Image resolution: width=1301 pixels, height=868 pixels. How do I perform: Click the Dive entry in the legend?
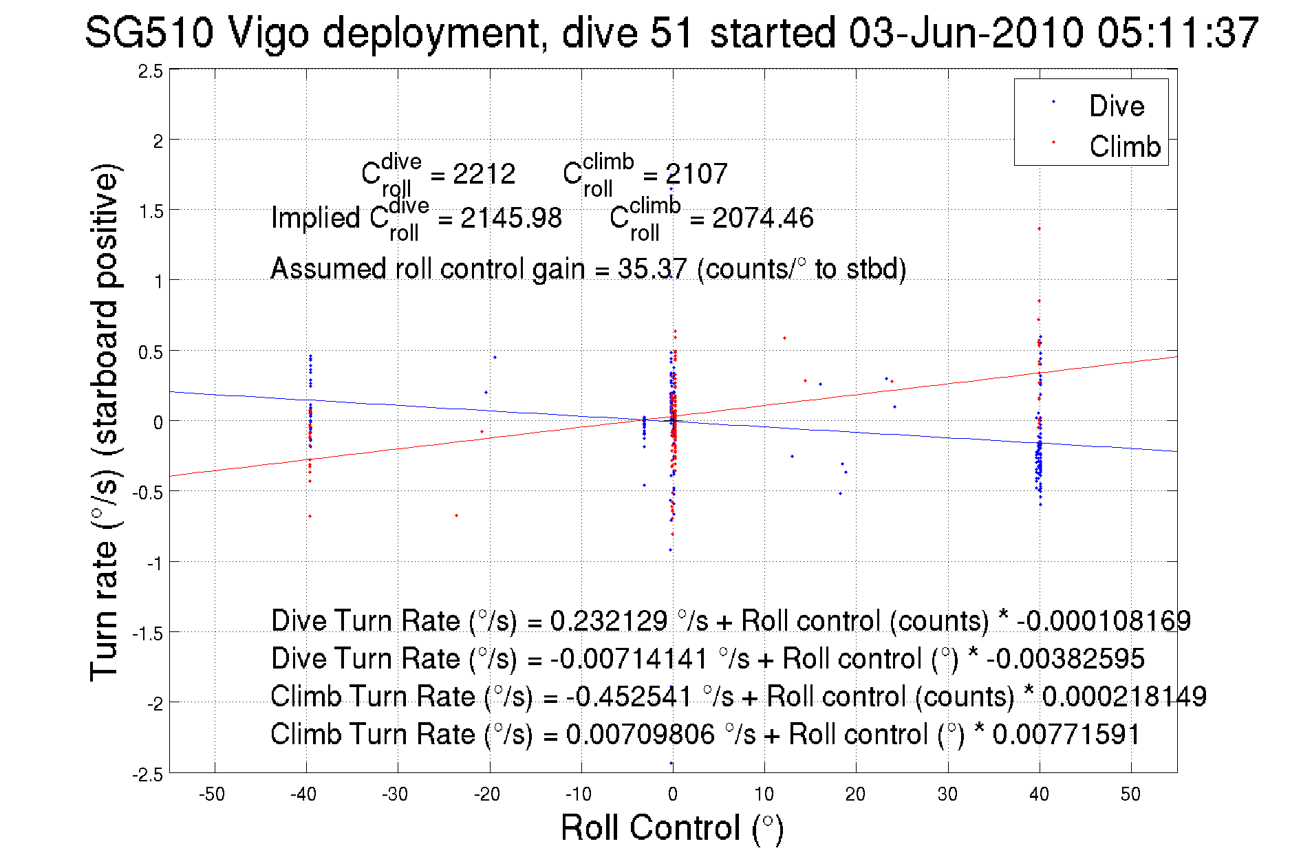[x=1115, y=106]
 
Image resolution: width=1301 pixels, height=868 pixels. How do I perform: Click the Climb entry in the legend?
[x=1124, y=147]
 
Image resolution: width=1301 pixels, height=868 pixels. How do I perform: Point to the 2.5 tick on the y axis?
[x=151, y=72]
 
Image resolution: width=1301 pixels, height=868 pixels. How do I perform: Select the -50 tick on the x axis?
[x=212, y=794]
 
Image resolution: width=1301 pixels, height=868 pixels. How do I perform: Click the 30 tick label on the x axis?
[x=947, y=794]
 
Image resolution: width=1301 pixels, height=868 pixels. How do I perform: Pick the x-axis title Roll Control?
[x=671, y=827]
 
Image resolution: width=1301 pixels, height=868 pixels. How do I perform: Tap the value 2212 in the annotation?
[x=484, y=174]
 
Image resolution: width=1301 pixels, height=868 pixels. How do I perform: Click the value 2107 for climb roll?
[x=696, y=174]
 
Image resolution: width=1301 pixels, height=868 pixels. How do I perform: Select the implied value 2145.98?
[x=510, y=218]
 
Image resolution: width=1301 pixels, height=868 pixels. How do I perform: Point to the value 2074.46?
[x=762, y=218]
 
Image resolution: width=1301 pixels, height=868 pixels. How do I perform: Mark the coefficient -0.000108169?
[x=1103, y=620]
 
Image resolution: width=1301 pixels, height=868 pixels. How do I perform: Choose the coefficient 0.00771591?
[x=1066, y=734]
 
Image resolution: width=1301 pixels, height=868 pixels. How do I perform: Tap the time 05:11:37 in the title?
[x=1177, y=32]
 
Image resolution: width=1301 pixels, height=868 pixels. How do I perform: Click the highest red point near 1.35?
[x=1039, y=229]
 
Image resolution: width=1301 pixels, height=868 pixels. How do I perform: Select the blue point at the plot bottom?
[x=671, y=763]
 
